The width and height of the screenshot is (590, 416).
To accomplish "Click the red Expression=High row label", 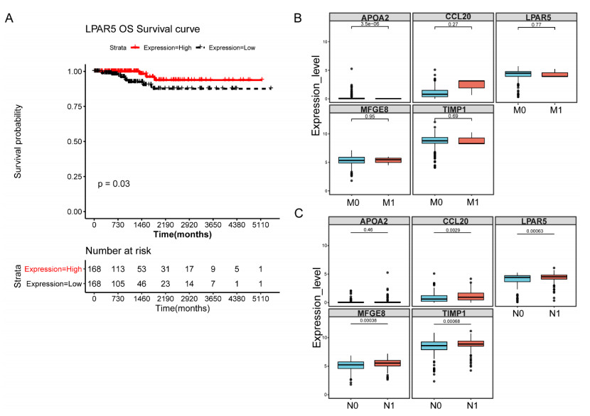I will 54,269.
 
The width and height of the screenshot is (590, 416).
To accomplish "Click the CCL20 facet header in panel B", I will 452,16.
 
